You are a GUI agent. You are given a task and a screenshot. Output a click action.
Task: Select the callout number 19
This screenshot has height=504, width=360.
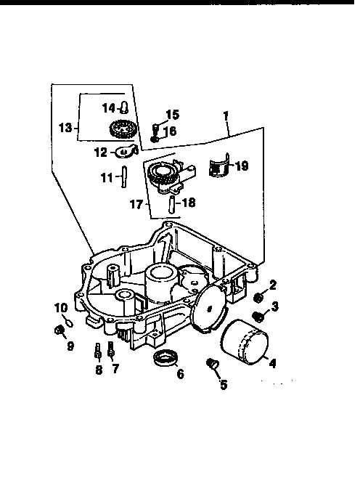coord(242,166)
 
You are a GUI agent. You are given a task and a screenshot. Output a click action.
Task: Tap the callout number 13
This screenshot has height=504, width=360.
coord(65,129)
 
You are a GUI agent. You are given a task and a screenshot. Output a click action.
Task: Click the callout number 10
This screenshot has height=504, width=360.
coord(60,308)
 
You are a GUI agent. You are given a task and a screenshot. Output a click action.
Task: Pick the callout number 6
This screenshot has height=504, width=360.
coord(180,374)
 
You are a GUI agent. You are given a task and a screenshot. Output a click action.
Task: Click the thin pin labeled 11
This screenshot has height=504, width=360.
coord(124,176)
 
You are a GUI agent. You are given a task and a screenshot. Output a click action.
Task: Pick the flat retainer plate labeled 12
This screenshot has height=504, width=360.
coord(128,151)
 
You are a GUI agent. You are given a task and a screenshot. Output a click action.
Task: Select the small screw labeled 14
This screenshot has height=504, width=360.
coord(124,108)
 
